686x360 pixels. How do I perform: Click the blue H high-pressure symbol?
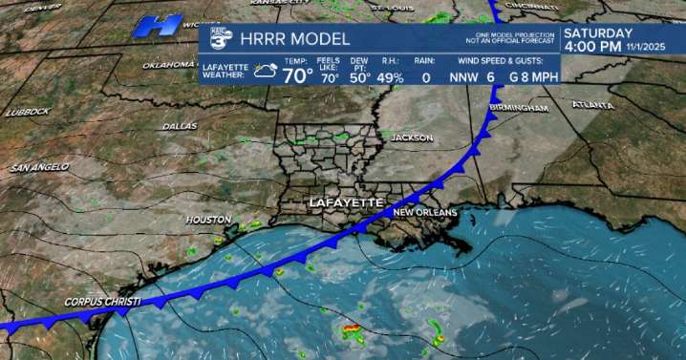pyautogui.click(x=159, y=26)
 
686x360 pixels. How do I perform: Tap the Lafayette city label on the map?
pyautogui.click(x=345, y=204)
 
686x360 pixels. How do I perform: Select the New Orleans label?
pyautogui.click(x=425, y=212)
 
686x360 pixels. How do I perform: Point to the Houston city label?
pyautogui.click(x=208, y=220)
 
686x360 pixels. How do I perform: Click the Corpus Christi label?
pyautogui.click(x=102, y=302)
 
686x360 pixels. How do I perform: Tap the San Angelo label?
pyautogui.click(x=40, y=167)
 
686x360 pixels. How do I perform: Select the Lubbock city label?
pyautogui.click(x=28, y=112)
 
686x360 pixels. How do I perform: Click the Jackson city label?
pyautogui.click(x=412, y=138)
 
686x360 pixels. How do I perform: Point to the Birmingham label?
pyautogui.click(x=521, y=109)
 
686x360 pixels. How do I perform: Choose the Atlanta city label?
pyautogui.click(x=592, y=104)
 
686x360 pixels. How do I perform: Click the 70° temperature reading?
pyautogui.click(x=297, y=74)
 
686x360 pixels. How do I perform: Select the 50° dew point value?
pyautogui.click(x=360, y=78)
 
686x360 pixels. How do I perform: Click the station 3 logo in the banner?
pyautogui.click(x=221, y=39)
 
